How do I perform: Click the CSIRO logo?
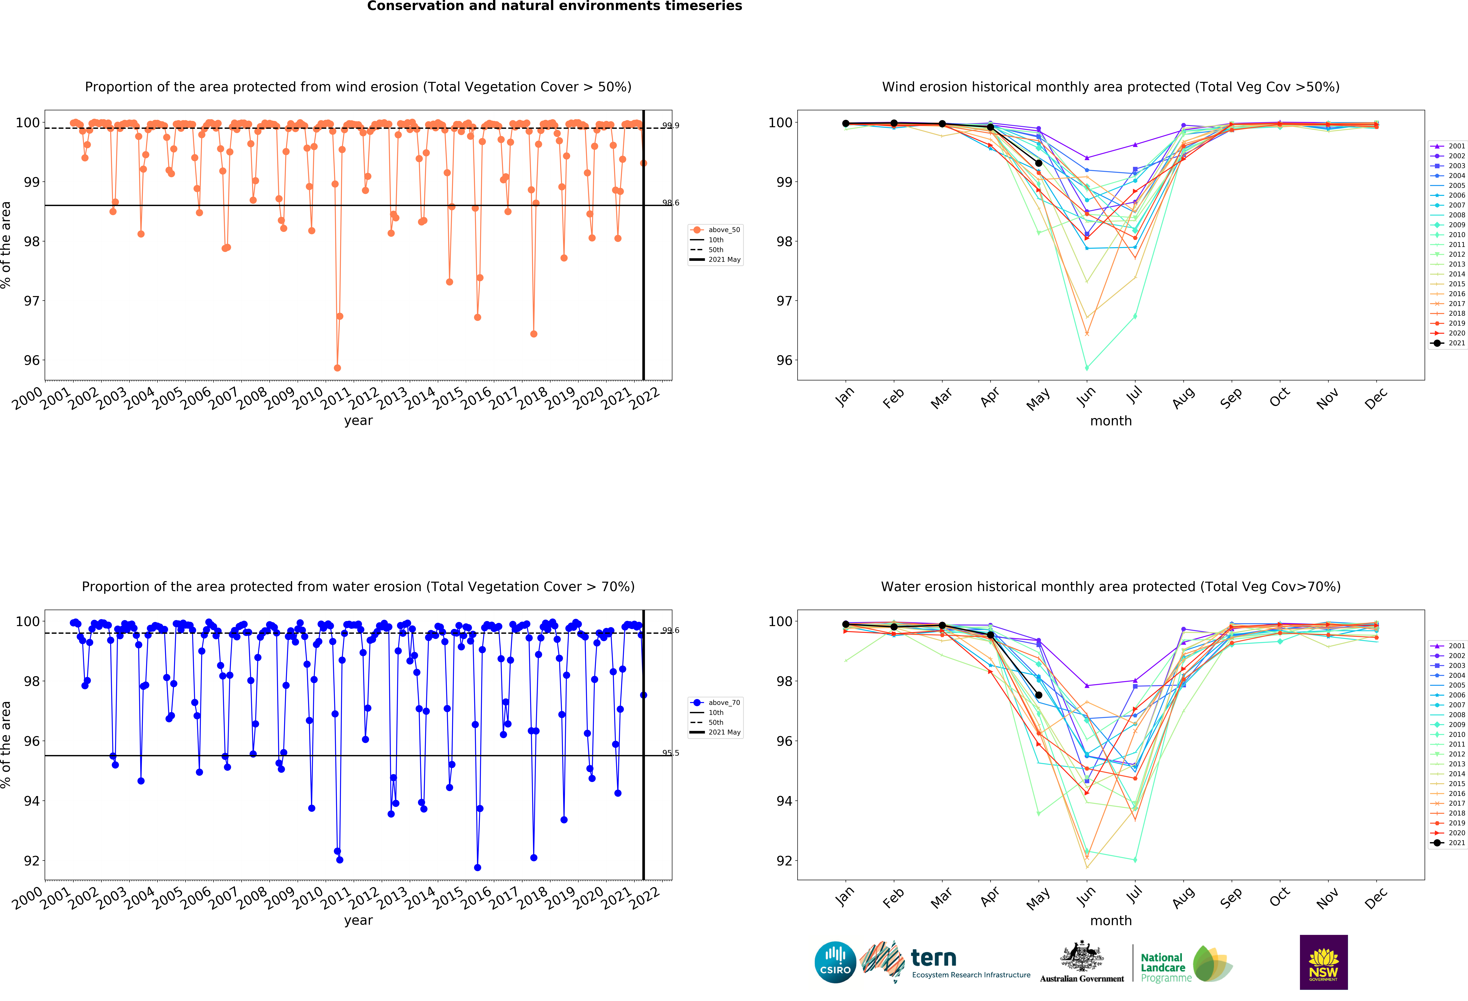coord(835,962)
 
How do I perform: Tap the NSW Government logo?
coord(1323,962)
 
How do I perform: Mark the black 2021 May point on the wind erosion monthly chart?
coord(1038,163)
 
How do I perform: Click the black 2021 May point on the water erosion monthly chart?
coord(1038,695)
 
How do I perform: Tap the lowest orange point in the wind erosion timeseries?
coord(337,368)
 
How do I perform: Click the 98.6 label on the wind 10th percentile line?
coord(670,203)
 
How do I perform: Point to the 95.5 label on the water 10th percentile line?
coord(670,753)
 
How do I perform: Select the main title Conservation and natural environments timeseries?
coord(555,6)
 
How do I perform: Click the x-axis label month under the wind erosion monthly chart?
coord(1110,421)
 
